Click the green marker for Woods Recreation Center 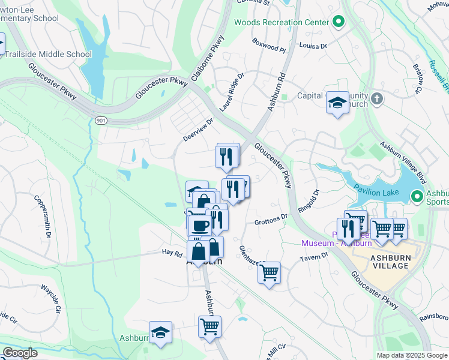339,22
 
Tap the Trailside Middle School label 50,54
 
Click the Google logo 19,353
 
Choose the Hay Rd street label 172,253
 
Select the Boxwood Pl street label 268,46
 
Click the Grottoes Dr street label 271,221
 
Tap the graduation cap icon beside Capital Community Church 337,103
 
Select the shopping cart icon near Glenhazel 270,272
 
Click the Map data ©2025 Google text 412,355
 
